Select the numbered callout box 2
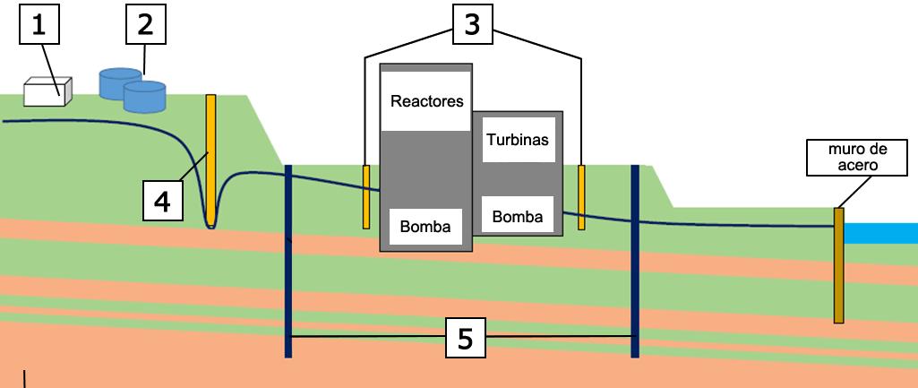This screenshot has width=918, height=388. (x=145, y=25)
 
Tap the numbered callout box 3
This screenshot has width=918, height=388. (x=472, y=25)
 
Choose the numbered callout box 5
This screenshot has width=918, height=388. (x=465, y=337)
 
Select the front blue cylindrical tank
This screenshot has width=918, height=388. (x=145, y=97)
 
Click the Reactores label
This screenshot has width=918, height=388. (x=427, y=101)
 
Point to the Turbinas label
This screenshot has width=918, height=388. (x=518, y=140)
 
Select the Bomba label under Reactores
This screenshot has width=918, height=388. (x=425, y=224)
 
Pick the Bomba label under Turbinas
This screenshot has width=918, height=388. (x=518, y=216)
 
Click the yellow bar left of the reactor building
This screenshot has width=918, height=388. (x=366, y=196)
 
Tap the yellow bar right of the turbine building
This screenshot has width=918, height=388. (x=581, y=197)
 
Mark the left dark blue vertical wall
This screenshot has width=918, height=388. (x=288, y=261)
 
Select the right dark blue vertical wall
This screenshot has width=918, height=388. (x=635, y=261)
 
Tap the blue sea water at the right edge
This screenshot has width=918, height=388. (x=882, y=233)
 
